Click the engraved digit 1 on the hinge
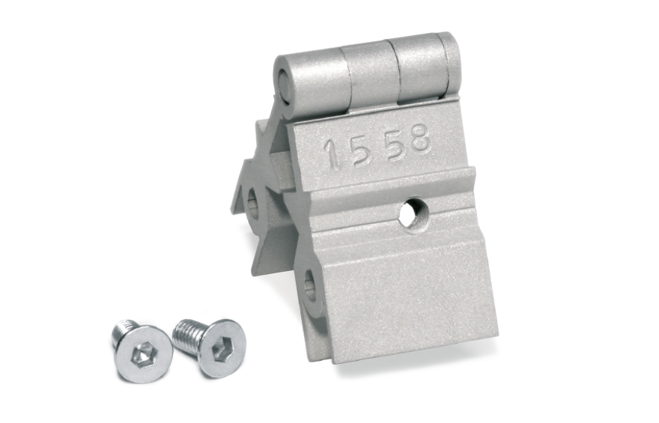pos(333,153)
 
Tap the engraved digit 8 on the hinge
pos(420,138)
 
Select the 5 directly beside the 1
pos(362,150)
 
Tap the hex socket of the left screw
pos(142,355)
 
